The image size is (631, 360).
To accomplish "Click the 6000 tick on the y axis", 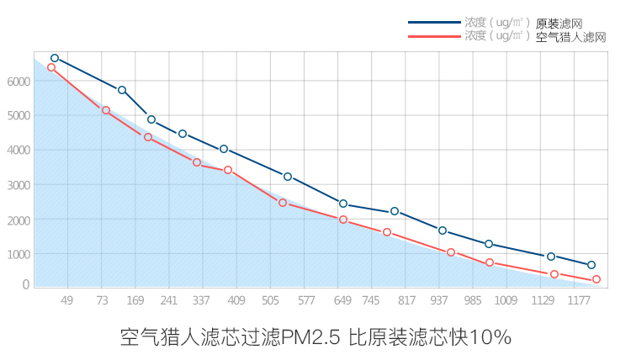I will click(18, 82).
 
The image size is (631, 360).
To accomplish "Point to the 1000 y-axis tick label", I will click(18, 254).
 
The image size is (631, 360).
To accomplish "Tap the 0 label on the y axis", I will click(26, 285).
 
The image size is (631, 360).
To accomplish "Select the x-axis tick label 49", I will click(67, 300).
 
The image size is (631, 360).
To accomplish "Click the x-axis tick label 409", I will click(236, 300).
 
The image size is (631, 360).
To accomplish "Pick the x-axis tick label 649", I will click(342, 300).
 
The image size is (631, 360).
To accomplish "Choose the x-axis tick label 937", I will click(439, 300).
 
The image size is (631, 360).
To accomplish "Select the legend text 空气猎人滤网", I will click(570, 37).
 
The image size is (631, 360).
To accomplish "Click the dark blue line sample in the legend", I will click(434, 23).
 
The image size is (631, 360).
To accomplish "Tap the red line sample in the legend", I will click(434, 36).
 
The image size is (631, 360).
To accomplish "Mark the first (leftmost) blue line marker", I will click(55, 58).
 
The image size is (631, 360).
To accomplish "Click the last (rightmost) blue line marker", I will click(591, 265).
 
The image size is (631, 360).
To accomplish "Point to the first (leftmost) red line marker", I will click(51, 67).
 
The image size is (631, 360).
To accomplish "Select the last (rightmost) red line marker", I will click(597, 279).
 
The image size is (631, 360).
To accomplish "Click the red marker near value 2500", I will click(283, 203).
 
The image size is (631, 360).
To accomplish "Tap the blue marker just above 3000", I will click(288, 177).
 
